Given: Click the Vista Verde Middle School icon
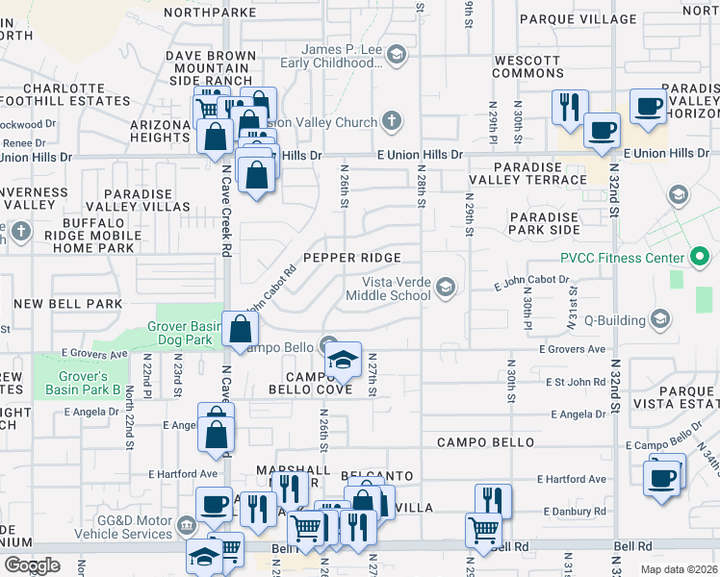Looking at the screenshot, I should pos(446,288).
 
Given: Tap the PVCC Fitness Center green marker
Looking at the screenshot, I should pos(700,258).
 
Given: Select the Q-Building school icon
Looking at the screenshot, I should pos(659,318).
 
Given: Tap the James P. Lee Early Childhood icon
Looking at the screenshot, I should pos(397,56).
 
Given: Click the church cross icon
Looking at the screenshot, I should pos(391,122).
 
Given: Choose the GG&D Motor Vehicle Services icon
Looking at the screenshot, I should pos(187,527).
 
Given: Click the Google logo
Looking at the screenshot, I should pos(32,564).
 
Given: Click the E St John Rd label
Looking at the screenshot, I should pos(575,382).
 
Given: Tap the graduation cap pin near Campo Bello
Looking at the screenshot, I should pos(342,361).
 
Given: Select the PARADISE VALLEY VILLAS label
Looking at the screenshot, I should pos(139,201).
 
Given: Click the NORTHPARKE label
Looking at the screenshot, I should pos(210,12).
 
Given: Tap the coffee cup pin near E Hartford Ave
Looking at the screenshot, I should pos(662,477).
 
